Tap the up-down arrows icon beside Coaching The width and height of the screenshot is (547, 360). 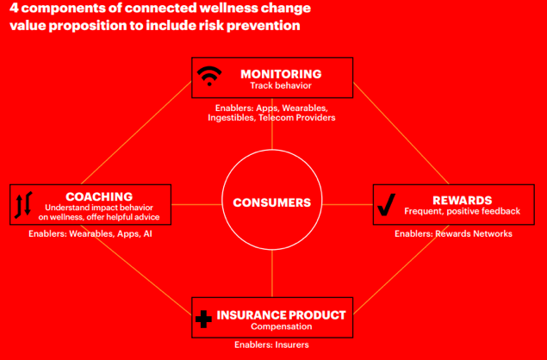(23, 205)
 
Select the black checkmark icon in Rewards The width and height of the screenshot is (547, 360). (387, 204)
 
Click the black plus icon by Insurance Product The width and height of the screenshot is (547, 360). (204, 319)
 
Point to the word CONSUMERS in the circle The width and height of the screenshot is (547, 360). (271, 202)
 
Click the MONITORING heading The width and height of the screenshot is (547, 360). (281, 74)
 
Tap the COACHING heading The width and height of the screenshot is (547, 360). (99, 196)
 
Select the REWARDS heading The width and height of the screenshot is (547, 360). (463, 200)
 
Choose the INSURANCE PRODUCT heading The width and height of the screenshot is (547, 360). (281, 315)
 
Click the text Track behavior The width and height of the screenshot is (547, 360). (281, 85)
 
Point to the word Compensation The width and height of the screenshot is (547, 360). (281, 326)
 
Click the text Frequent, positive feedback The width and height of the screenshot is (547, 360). (463, 211)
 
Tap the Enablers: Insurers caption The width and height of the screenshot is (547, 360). (271, 345)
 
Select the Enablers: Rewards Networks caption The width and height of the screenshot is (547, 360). (453, 233)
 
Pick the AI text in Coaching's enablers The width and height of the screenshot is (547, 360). (148, 233)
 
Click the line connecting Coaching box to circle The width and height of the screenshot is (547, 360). (196, 204)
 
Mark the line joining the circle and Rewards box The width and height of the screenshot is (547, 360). (347, 204)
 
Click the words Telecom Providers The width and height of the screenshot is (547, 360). (297, 118)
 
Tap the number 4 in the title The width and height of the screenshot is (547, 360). (14, 8)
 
